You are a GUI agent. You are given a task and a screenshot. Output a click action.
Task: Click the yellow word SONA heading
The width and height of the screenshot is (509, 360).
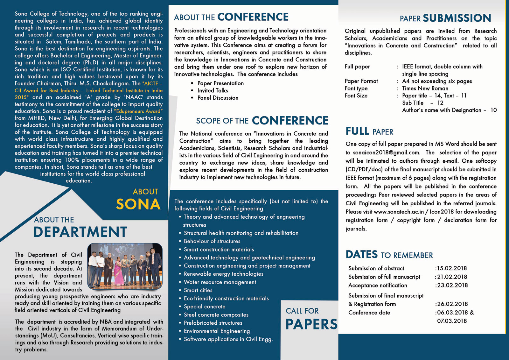(x=138, y=204)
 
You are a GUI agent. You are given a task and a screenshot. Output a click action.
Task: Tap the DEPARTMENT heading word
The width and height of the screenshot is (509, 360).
(x=80, y=232)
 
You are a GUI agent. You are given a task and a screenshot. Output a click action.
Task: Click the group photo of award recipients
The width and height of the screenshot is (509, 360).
(x=125, y=266)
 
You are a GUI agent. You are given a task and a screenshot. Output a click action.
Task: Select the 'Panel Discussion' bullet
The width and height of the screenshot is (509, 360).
(x=218, y=98)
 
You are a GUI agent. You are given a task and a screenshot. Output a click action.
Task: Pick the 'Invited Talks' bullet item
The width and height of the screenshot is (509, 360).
(x=213, y=90)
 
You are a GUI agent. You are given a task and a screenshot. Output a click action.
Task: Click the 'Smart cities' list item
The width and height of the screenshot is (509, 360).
(x=198, y=290)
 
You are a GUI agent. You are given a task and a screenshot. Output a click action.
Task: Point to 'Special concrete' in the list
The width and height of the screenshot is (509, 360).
(x=205, y=307)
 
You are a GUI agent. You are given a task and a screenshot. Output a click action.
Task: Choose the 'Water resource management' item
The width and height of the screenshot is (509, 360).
(x=220, y=282)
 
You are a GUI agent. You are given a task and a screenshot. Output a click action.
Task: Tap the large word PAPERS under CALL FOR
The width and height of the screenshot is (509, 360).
(x=311, y=324)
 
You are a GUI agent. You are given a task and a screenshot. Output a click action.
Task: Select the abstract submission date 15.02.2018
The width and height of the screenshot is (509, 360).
(x=452, y=268)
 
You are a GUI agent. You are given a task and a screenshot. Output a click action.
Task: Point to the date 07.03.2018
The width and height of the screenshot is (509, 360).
(x=452, y=321)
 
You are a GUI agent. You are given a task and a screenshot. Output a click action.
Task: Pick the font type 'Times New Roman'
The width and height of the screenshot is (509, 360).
(x=425, y=88)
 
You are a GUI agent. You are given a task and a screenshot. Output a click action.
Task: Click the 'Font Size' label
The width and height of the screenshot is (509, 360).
(x=356, y=95)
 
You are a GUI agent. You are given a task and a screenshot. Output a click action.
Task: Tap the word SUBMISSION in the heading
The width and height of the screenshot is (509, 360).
(x=457, y=18)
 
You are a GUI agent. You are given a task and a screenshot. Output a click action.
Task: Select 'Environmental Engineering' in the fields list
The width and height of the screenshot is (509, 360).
(x=217, y=331)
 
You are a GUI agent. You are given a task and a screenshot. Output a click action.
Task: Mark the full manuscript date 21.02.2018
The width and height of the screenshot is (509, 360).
(x=452, y=277)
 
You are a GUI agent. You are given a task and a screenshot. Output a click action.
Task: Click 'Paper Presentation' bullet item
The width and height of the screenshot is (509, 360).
(x=220, y=83)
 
